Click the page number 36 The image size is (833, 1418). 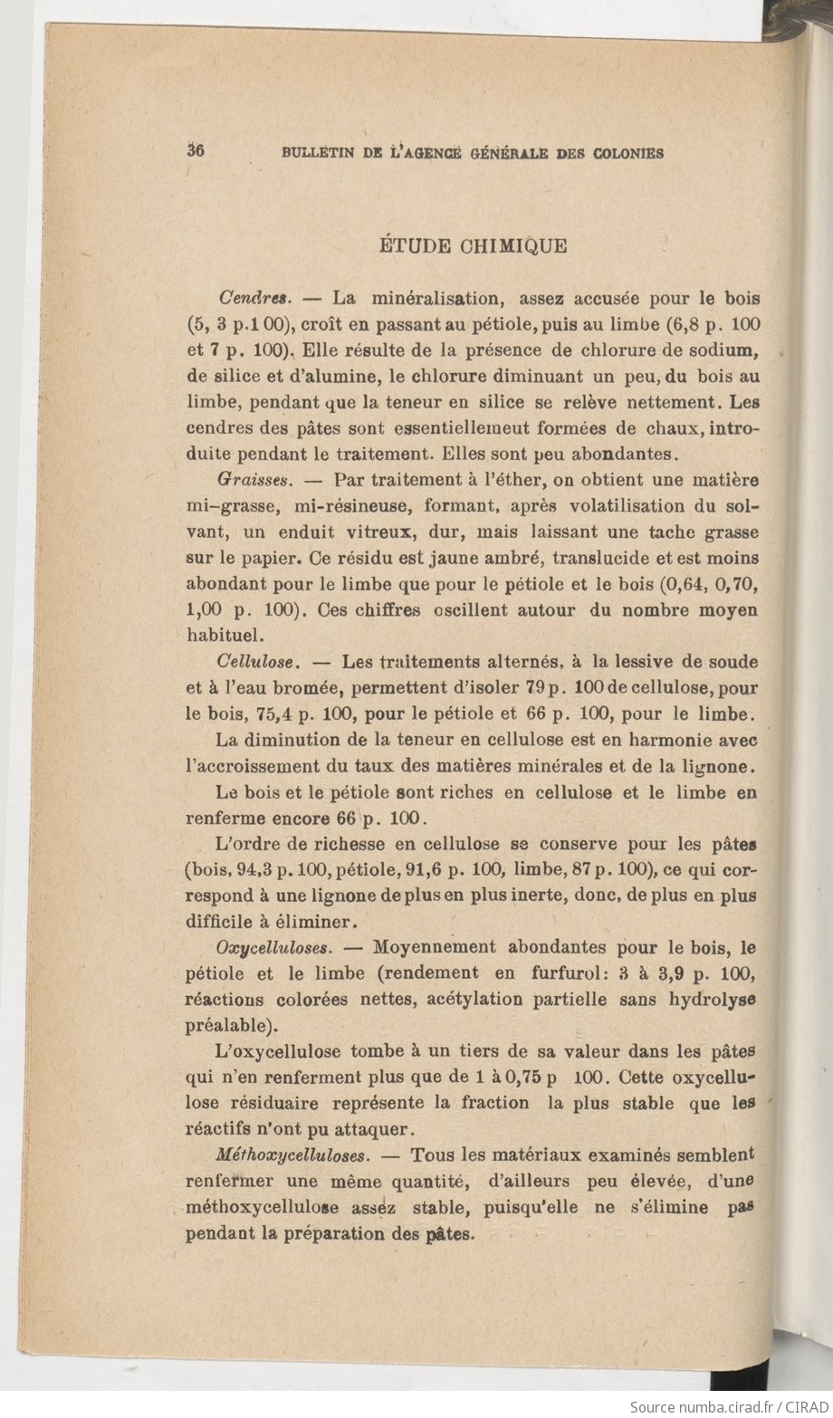click(x=196, y=151)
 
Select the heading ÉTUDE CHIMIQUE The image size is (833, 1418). click(x=472, y=245)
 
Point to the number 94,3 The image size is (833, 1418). click(x=251, y=871)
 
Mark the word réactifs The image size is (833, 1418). click(x=219, y=1130)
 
